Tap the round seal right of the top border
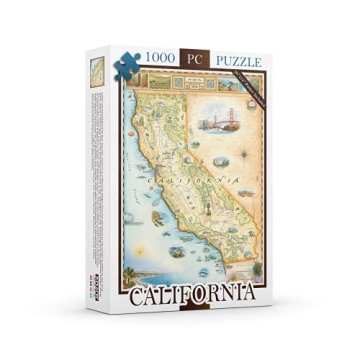[250, 79]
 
